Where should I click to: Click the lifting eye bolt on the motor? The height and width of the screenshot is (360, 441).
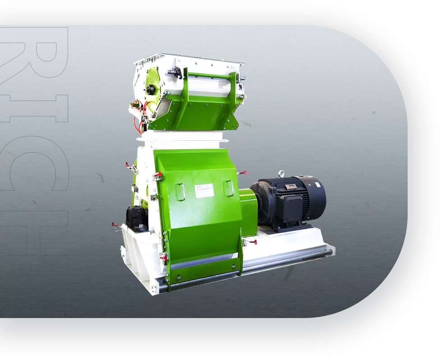[281, 173]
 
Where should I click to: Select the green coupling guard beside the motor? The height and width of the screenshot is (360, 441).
[248, 212]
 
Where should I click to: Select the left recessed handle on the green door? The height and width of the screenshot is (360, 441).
[180, 191]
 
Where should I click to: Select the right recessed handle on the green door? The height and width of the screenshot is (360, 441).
[229, 188]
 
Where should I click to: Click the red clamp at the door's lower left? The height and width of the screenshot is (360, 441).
[163, 257]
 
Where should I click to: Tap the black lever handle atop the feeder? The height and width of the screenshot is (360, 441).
[176, 72]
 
